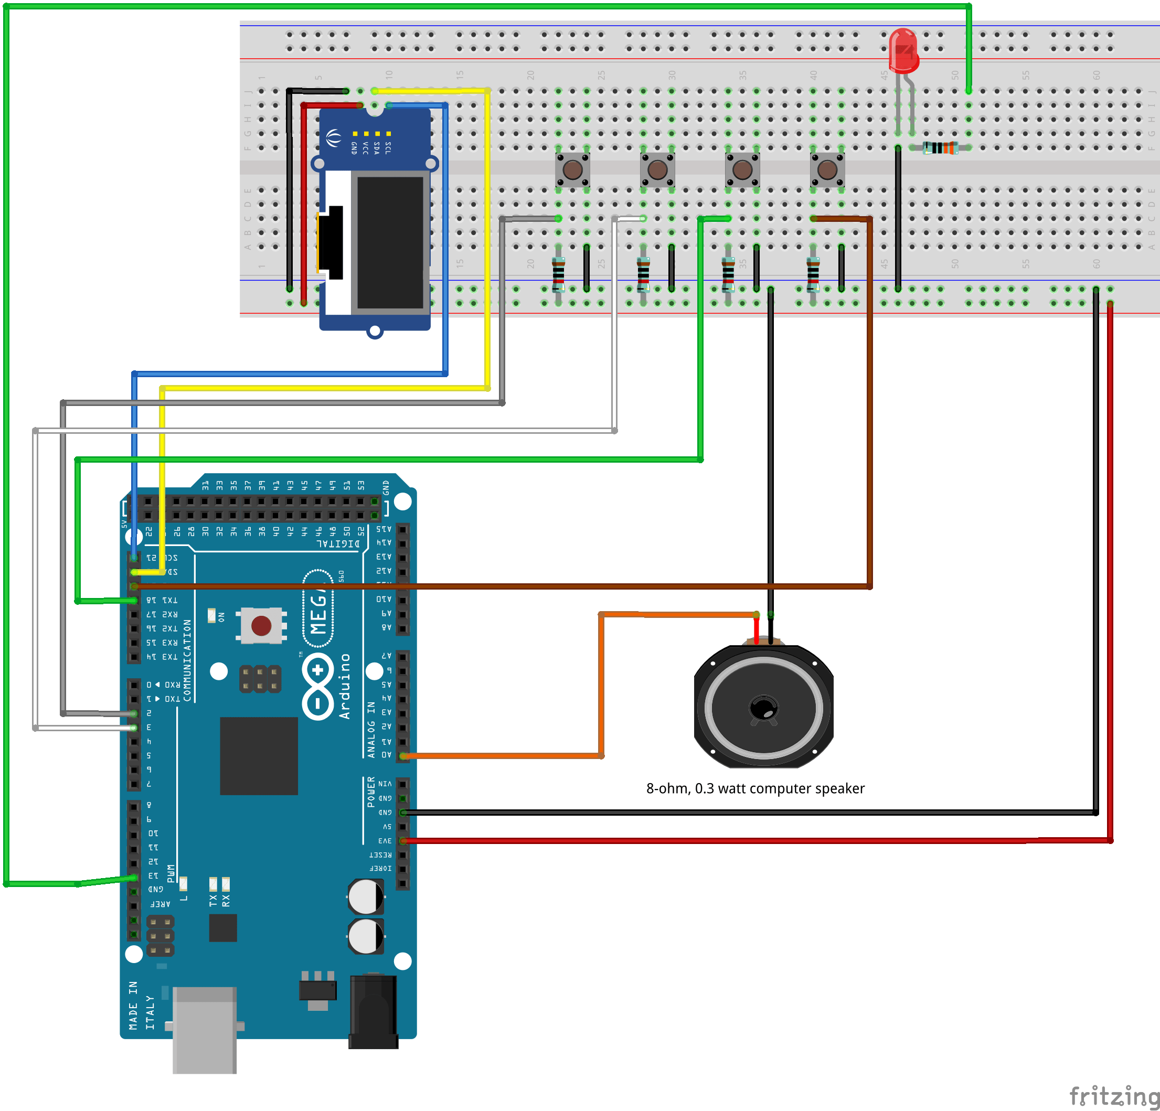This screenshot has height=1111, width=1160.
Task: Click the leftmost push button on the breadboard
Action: coord(572,170)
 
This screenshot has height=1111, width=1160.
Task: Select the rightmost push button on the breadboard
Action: coord(827,170)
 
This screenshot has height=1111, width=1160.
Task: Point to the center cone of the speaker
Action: coord(763,708)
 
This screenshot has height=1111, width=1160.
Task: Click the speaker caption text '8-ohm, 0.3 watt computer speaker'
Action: coord(755,788)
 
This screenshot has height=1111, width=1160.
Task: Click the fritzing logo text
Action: coord(1113,1096)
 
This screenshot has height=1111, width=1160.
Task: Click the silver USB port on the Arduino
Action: coord(204,1029)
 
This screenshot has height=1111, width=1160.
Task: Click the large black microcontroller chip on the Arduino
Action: coord(259,755)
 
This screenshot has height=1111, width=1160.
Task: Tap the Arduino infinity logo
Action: coord(318,686)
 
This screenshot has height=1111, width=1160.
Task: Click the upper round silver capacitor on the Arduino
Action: coord(365,896)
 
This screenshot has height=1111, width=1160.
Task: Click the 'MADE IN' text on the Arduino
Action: coord(133,1005)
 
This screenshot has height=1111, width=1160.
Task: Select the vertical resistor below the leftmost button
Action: coord(558,273)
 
